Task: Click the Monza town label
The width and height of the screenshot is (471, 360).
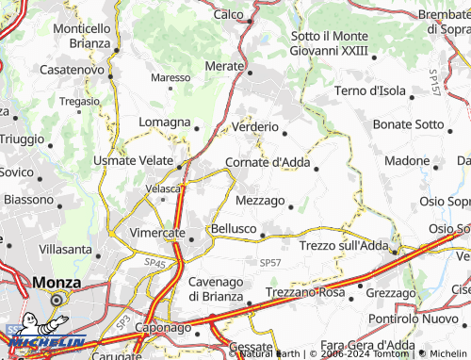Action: pos(56,282)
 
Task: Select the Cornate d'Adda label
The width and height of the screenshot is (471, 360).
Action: pos(268,162)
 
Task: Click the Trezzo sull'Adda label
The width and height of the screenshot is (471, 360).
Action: pos(343,245)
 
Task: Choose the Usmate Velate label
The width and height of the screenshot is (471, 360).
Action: pos(133,161)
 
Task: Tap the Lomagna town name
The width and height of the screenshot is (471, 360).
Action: pos(164,123)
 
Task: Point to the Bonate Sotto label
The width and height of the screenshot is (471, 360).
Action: pos(408,124)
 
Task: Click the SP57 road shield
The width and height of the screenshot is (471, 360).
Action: pos(270,261)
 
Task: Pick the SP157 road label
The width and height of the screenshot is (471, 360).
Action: pos(432,84)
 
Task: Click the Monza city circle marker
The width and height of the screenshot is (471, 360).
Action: pos(57,301)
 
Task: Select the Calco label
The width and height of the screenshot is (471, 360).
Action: pos(229,14)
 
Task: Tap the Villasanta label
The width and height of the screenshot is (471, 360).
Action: pos(66,251)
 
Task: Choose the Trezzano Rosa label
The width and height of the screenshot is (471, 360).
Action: pos(305,293)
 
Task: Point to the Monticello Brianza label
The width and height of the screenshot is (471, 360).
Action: pos(82,36)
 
